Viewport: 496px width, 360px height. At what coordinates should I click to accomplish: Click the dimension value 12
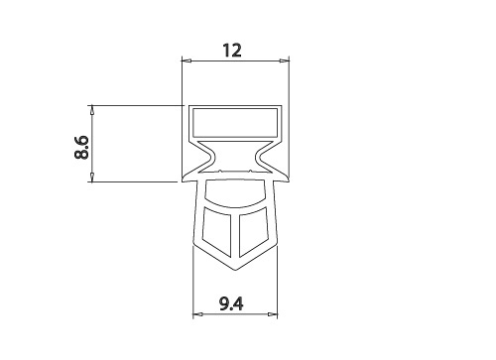[232, 51]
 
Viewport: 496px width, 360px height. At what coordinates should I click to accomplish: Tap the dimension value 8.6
[81, 147]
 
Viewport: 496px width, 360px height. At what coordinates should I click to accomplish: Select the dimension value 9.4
[231, 303]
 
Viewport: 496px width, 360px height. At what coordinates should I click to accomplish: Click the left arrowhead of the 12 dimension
[186, 60]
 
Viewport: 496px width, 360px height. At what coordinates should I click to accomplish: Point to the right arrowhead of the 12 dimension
[284, 60]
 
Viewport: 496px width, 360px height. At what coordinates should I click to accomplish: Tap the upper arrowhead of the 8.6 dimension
[92, 110]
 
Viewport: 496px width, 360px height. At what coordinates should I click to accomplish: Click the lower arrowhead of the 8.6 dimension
[92, 178]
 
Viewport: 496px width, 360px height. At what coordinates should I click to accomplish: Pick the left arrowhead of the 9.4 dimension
[197, 314]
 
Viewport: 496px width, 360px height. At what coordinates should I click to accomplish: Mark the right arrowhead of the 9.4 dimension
[273, 314]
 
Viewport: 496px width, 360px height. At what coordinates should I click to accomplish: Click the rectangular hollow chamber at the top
[235, 123]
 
